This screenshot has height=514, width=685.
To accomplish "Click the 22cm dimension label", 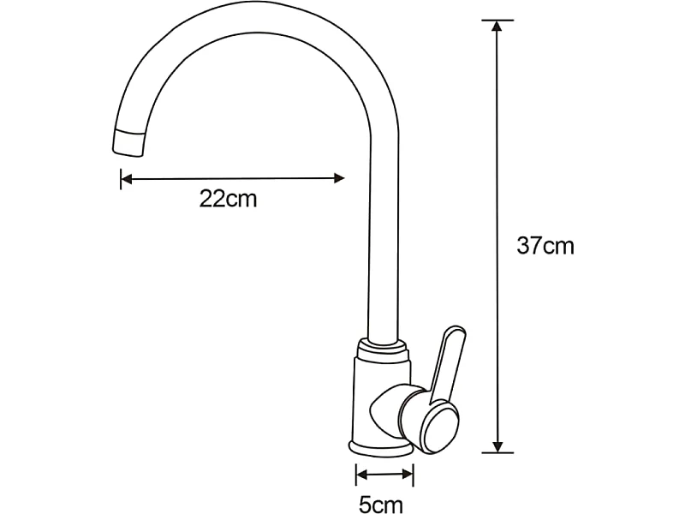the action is pyautogui.click(x=228, y=199).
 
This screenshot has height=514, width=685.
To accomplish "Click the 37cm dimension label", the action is pyautogui.click(x=545, y=246).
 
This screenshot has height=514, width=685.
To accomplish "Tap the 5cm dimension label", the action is pyautogui.click(x=380, y=505).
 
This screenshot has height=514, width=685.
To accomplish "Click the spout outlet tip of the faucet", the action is pyautogui.click(x=128, y=142).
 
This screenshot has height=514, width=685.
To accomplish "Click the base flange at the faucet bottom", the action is pyautogui.click(x=380, y=448).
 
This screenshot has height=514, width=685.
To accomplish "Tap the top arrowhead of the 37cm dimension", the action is pyautogui.click(x=497, y=27).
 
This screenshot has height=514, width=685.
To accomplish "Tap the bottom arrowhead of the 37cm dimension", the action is pyautogui.click(x=497, y=445).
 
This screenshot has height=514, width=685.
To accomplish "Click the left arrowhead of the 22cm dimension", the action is pyautogui.click(x=127, y=179).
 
